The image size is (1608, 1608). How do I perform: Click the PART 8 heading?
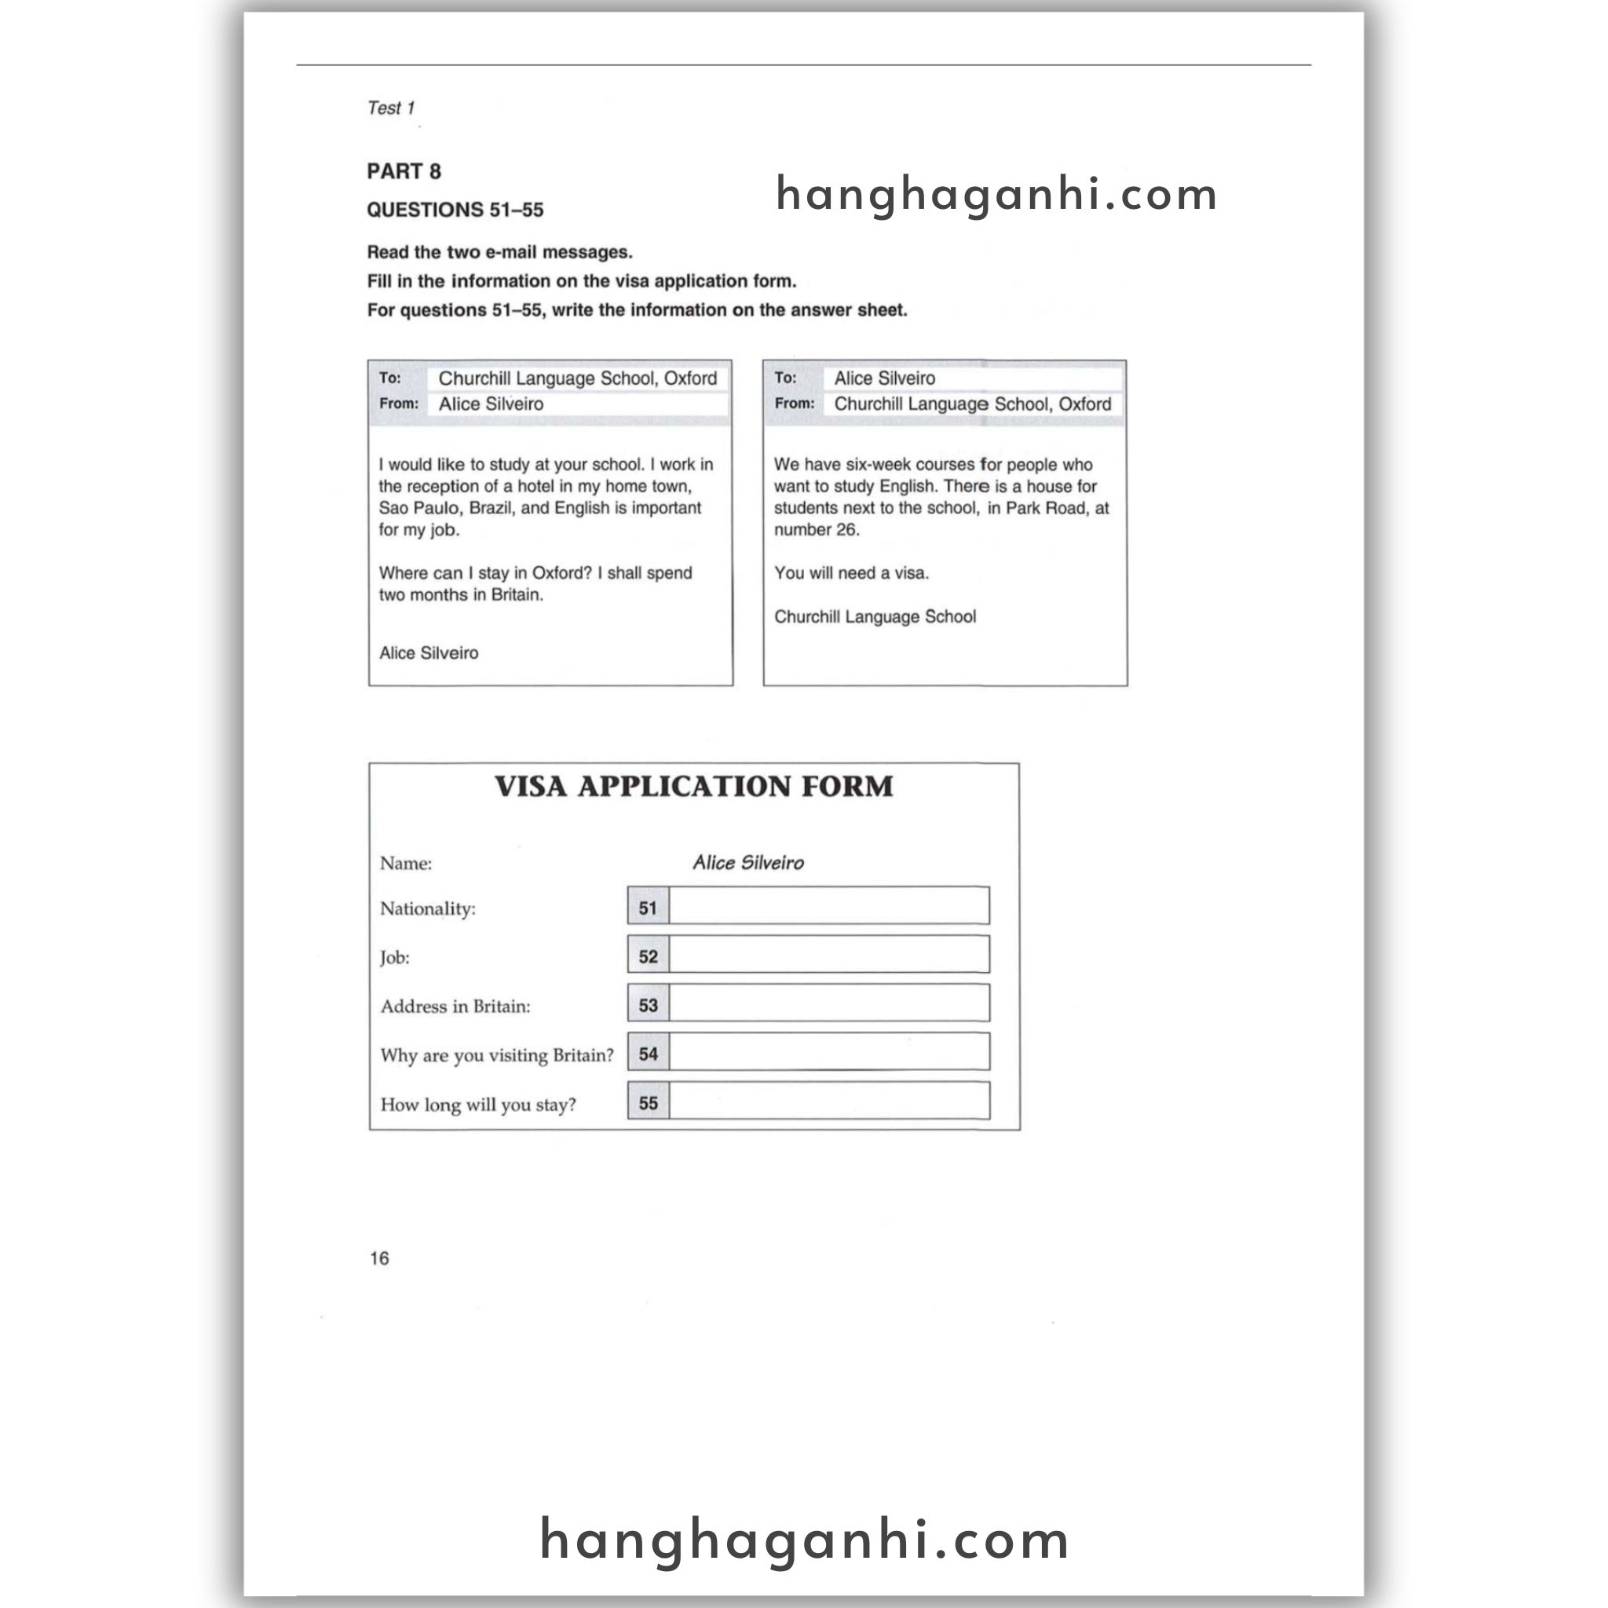click(x=404, y=171)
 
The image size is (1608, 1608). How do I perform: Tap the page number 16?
click(x=378, y=1258)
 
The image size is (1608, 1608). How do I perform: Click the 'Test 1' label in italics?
click(x=390, y=108)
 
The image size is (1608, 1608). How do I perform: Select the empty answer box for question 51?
click(x=828, y=905)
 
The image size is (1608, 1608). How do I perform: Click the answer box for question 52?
click(x=828, y=955)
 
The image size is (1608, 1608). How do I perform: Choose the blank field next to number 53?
click(x=828, y=1003)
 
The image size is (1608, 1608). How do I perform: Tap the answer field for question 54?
click(x=828, y=1052)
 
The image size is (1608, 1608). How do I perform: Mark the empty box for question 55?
click(x=828, y=1101)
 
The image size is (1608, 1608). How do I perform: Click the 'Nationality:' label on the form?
click(x=427, y=909)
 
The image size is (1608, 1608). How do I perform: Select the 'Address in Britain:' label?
click(x=455, y=1007)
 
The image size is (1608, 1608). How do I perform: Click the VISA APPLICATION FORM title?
click(x=693, y=787)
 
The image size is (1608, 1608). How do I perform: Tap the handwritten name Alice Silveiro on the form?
click(x=747, y=863)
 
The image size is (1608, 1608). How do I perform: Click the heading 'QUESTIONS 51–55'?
click(x=455, y=210)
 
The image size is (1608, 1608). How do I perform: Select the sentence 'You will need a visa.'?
click(x=850, y=573)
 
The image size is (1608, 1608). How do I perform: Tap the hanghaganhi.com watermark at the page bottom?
click(x=804, y=1539)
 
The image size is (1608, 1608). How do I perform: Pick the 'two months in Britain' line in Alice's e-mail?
click(x=460, y=595)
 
